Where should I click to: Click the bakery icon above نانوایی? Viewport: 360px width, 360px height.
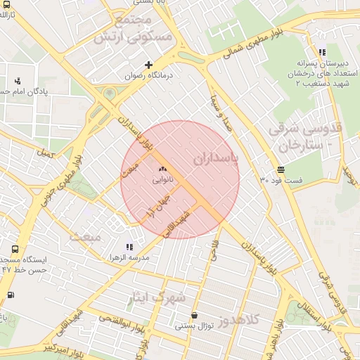(163, 169)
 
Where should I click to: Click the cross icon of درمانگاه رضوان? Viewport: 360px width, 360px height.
(148, 65)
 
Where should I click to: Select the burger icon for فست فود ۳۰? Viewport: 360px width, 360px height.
(281, 169)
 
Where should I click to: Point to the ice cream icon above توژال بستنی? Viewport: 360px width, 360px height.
(194, 316)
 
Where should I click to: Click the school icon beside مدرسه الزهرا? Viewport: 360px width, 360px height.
(129, 247)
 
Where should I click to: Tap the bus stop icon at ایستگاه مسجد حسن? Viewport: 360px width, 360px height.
(15, 250)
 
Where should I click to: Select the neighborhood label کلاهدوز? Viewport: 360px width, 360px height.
(240, 320)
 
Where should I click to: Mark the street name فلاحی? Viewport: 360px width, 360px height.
(214, 249)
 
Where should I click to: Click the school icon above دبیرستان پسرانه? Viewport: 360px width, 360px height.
(321, 52)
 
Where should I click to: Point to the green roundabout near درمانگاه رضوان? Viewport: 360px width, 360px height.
(109, 93)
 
